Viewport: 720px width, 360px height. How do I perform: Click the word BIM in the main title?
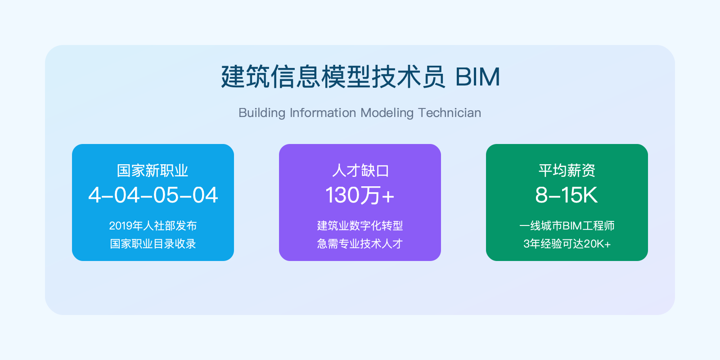click(x=477, y=77)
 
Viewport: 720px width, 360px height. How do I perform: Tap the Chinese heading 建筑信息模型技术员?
click(x=333, y=77)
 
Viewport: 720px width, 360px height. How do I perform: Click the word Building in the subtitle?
click(x=262, y=113)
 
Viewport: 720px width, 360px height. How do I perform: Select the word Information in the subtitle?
click(x=323, y=113)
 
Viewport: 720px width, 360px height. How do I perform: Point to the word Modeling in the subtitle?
click(x=387, y=113)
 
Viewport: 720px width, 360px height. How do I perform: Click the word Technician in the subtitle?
click(x=450, y=113)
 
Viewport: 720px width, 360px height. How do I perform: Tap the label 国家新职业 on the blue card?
click(x=153, y=171)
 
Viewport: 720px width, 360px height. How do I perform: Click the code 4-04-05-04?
click(x=153, y=195)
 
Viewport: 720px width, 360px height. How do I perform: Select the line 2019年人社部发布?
click(x=153, y=225)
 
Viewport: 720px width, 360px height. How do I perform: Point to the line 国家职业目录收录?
click(x=153, y=243)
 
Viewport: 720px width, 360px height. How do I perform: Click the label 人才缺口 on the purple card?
click(x=360, y=171)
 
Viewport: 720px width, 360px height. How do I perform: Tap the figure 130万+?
click(x=360, y=195)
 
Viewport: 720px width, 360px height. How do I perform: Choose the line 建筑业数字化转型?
click(x=360, y=225)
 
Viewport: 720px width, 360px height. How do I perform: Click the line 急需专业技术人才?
click(x=360, y=243)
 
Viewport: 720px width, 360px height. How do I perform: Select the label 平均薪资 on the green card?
click(x=567, y=171)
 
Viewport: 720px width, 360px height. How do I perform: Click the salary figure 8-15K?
click(x=567, y=195)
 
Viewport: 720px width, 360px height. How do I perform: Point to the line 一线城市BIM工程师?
click(x=567, y=225)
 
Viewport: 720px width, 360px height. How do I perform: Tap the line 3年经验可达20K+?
click(x=567, y=243)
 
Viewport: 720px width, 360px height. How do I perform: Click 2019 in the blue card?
click(x=121, y=226)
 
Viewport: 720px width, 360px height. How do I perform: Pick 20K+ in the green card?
click(x=597, y=244)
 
